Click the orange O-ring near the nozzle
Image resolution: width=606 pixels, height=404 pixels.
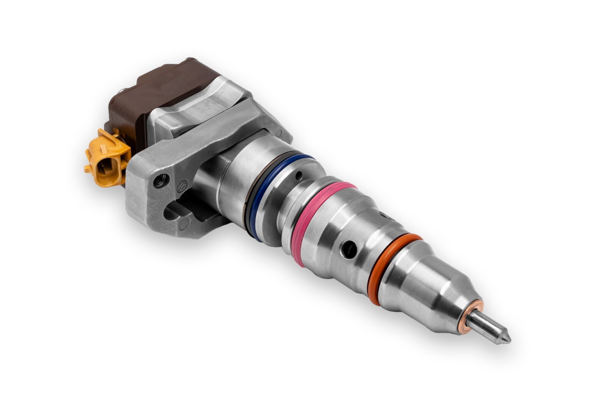pyautogui.click(x=394, y=265)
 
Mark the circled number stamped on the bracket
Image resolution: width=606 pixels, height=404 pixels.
pyautogui.click(x=182, y=187)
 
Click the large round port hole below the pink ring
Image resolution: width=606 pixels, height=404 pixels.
pyautogui.click(x=347, y=249)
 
